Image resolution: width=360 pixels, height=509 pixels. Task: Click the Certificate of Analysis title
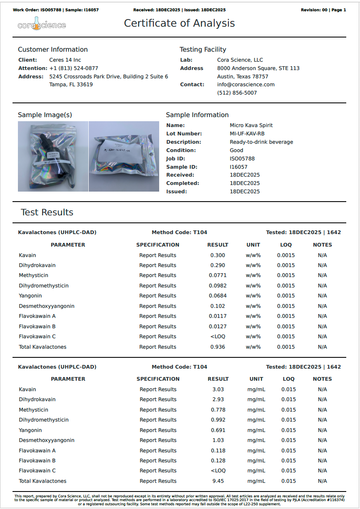pyautogui.click(x=179, y=23)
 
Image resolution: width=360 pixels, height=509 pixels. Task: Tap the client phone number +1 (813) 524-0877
pyautogui.click(x=74, y=68)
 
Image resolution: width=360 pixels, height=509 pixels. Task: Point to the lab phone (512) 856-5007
pyautogui.click(x=237, y=93)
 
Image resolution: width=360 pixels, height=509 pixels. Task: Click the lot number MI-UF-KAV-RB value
pyautogui.click(x=247, y=134)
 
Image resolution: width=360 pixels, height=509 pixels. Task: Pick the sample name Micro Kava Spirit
pyautogui.click(x=251, y=125)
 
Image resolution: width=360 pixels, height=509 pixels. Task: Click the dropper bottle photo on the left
pyautogui.click(x=53, y=156)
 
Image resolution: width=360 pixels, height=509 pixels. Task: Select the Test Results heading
pyautogui.click(x=47, y=212)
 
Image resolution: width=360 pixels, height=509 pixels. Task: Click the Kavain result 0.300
pyautogui.click(x=217, y=255)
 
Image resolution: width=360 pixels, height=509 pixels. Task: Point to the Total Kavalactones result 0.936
pyautogui.click(x=217, y=347)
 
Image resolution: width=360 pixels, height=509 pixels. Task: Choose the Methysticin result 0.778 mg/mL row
pyautogui.click(x=218, y=410)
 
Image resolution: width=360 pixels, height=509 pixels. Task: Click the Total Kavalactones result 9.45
pyautogui.click(x=218, y=481)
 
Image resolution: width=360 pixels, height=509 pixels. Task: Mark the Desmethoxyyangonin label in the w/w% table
pyautogui.click(x=47, y=306)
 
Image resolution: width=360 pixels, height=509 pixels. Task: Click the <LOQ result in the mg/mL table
pyautogui.click(x=218, y=471)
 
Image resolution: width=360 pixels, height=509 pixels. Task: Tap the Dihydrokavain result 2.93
pyautogui.click(x=218, y=399)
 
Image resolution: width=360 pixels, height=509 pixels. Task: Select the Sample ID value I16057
pyautogui.click(x=239, y=167)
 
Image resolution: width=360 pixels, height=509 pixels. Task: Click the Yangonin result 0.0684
pyautogui.click(x=217, y=296)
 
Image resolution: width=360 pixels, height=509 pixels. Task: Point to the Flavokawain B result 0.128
pyautogui.click(x=218, y=461)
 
